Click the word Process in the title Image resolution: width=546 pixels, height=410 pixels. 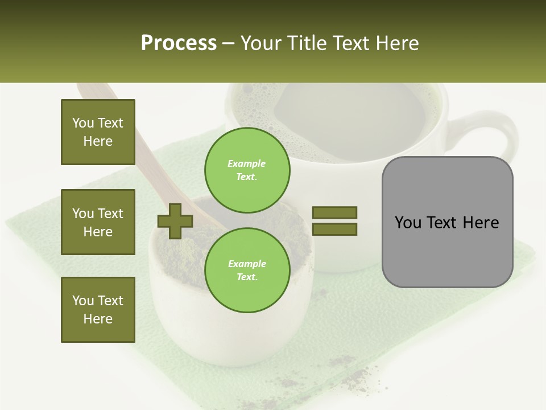coord(179,43)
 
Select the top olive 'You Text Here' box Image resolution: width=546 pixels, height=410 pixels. coord(98,132)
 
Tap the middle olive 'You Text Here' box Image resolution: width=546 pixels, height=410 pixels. coord(98,222)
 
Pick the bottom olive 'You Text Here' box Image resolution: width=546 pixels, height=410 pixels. coord(98,310)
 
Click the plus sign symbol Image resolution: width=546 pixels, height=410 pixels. coord(175,221)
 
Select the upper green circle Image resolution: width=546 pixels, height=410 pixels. coord(247,170)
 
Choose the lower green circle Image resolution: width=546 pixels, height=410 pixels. coord(247,270)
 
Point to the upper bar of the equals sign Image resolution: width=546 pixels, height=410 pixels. coord(334,212)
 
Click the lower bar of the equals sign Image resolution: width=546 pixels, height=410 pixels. coord(334,229)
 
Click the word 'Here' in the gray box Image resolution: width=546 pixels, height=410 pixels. coord(481,223)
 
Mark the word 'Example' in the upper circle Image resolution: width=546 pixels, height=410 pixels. coord(247,163)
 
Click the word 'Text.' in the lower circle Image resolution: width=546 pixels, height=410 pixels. coord(247,277)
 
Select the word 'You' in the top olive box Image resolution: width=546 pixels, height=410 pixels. coord(83,123)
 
